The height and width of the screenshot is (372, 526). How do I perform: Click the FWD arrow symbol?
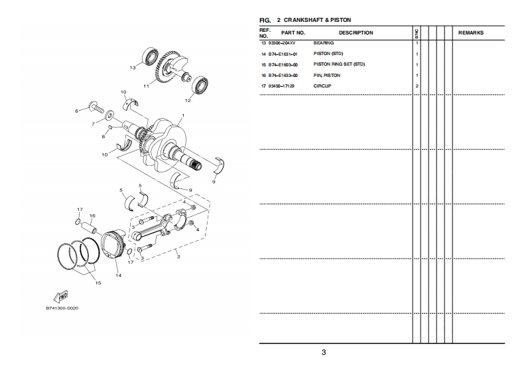click(x=61, y=296)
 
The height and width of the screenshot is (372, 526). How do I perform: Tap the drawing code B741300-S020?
click(x=62, y=308)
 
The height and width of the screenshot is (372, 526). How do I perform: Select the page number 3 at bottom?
click(x=324, y=352)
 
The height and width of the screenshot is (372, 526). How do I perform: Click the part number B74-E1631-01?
click(x=283, y=54)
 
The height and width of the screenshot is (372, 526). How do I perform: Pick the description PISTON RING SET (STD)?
click(x=339, y=64)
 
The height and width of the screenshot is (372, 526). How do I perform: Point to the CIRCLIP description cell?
click(x=322, y=86)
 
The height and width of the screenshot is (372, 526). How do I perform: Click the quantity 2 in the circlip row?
click(x=417, y=86)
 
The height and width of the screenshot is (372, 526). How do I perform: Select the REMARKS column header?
click(x=471, y=33)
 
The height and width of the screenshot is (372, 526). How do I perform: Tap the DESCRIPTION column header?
click(x=356, y=33)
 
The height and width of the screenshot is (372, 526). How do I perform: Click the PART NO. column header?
click(x=293, y=33)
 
